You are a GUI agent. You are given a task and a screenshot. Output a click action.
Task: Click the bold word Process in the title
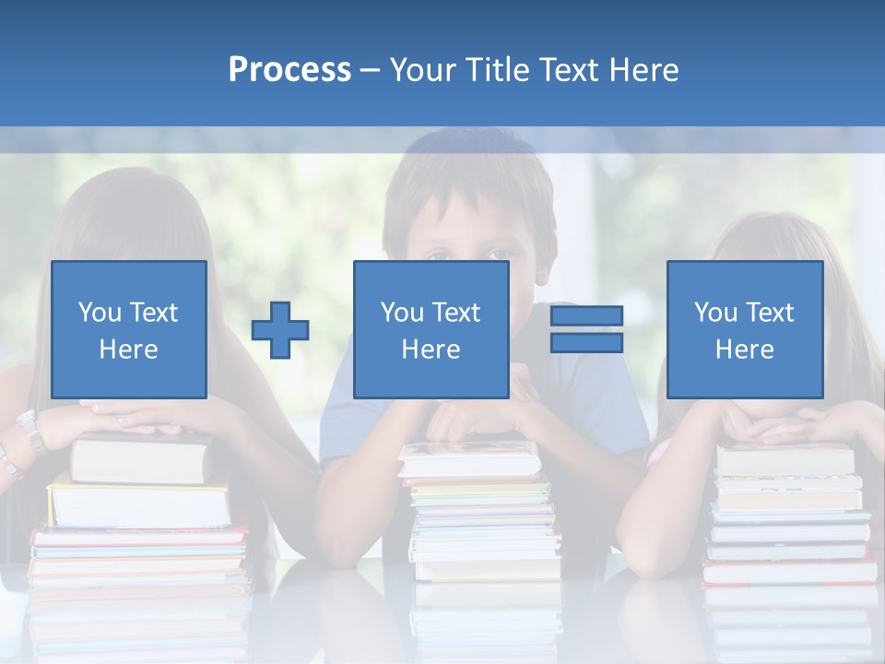289,70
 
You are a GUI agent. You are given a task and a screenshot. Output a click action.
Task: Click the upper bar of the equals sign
586,316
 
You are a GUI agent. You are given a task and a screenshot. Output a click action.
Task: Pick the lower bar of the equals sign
586,342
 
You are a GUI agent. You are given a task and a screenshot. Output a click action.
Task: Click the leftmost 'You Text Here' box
129,329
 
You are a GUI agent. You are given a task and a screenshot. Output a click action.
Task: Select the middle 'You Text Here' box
431,329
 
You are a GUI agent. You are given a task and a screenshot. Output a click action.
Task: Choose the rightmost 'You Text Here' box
744,329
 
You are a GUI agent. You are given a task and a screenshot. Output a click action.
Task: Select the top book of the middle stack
468,459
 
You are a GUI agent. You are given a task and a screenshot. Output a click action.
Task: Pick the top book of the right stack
785,458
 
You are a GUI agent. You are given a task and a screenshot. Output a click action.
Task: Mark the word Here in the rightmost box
744,349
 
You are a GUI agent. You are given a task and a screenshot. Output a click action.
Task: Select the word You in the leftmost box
100,312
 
